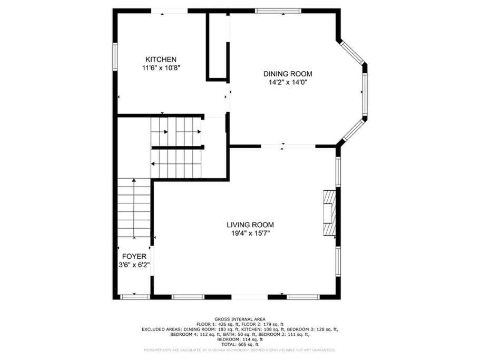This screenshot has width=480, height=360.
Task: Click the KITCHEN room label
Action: (161, 60)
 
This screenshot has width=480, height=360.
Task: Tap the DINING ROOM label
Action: (288, 74)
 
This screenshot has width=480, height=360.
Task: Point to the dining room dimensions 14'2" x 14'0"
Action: (288, 82)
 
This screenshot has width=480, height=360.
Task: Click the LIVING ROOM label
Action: (250, 225)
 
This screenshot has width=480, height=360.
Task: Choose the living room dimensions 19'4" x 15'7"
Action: (250, 233)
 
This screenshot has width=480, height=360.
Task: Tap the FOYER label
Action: (134, 257)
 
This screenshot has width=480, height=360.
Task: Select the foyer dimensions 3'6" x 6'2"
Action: (134, 265)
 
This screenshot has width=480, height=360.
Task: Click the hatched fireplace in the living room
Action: (329, 213)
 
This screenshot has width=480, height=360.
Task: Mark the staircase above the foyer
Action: (134, 208)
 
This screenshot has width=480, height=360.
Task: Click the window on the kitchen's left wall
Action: (115, 56)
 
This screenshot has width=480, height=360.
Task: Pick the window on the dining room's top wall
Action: (278, 11)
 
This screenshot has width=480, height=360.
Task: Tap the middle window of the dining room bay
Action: (364, 93)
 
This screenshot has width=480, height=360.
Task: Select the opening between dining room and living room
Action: (282, 146)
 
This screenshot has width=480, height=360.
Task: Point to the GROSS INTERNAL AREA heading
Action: (240, 319)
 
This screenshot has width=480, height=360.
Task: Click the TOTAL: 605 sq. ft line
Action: (240, 344)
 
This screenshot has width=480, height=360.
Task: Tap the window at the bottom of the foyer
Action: (134, 297)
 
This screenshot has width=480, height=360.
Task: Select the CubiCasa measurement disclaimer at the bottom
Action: (240, 350)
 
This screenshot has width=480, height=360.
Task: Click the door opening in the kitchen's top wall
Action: (169, 11)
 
